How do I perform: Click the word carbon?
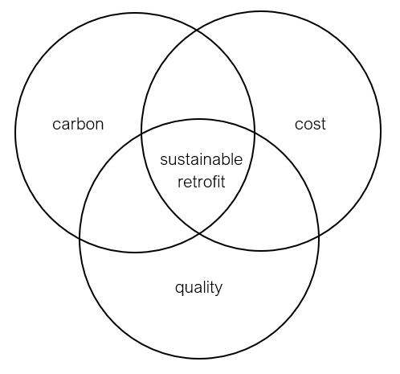78,124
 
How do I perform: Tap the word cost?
310,124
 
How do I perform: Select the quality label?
198,288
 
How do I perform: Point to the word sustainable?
202,159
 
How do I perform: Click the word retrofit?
202,182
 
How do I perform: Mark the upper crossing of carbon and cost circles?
198,30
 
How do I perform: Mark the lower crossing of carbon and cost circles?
199,233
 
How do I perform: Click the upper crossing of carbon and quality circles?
141,133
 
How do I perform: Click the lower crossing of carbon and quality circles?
80,238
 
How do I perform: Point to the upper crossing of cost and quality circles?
255,131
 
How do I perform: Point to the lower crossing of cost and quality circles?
319,236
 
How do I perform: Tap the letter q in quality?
179,289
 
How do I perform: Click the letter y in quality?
218,290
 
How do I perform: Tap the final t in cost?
323,125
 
